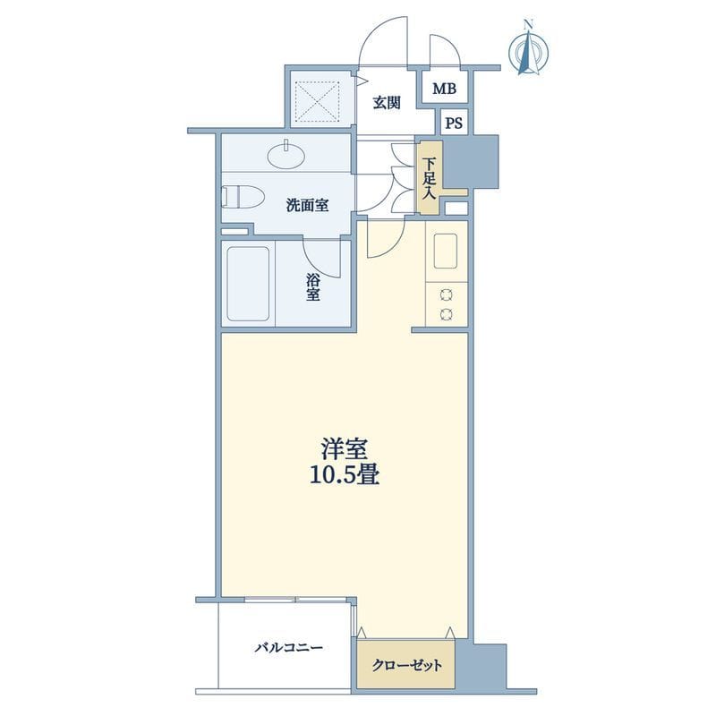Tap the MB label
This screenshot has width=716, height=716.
pyautogui.click(x=444, y=88)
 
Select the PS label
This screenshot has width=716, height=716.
pyautogui.click(x=454, y=124)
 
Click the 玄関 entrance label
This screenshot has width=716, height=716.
pyautogui.click(x=387, y=103)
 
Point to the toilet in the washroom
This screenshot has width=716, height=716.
pyautogui.click(x=243, y=197)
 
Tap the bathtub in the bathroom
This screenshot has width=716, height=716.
pyautogui.click(x=248, y=284)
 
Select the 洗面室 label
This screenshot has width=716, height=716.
pyautogui.click(x=307, y=206)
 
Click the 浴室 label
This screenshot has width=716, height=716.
pyautogui.click(x=312, y=286)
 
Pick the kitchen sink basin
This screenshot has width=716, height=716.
pyautogui.click(x=446, y=251)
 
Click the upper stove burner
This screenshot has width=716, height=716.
pyautogui.click(x=446, y=295)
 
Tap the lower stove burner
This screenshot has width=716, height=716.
pyautogui.click(x=446, y=314)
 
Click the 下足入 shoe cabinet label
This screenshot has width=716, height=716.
pyautogui.click(x=429, y=178)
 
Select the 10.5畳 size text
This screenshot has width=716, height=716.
pyautogui.click(x=345, y=475)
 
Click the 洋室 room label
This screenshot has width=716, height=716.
pyautogui.click(x=345, y=449)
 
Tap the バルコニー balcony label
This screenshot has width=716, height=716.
pyautogui.click(x=288, y=647)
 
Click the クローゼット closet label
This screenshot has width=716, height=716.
pyautogui.click(x=407, y=665)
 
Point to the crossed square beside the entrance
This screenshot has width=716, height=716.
pyautogui.click(x=318, y=101)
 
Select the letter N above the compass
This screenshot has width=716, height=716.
pyautogui.click(x=529, y=24)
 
